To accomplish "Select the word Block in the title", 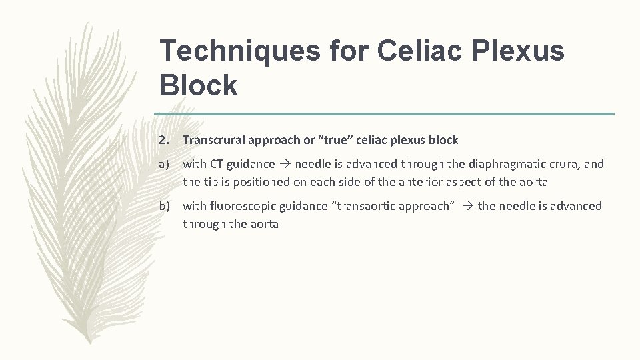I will pyautogui.click(x=199, y=85).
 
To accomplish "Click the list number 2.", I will pyautogui.click(x=163, y=140).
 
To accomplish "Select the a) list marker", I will pyautogui.click(x=165, y=164).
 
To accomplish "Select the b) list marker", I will pyautogui.click(x=165, y=207).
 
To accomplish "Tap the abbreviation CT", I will pyautogui.click(x=217, y=164).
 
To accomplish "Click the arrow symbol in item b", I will pyautogui.click(x=467, y=207).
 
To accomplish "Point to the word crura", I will pyautogui.click(x=563, y=164).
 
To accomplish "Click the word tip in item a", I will pyautogui.click(x=210, y=182).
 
